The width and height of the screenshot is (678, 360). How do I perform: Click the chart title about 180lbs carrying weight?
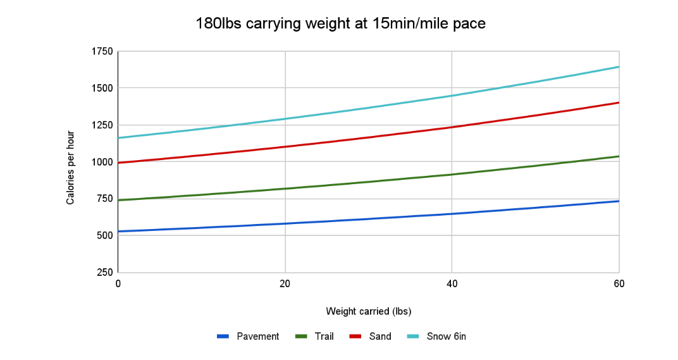click(x=340, y=24)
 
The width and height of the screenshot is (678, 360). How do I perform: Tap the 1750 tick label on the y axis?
click(x=101, y=52)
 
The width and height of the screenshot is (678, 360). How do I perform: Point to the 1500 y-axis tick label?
click(x=101, y=88)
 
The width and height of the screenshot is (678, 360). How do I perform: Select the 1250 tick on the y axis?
click(x=101, y=125)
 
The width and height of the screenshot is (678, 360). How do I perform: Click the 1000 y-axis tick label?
click(x=101, y=162)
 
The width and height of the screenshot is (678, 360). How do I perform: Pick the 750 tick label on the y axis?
click(x=104, y=199)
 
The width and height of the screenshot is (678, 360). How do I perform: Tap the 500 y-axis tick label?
click(x=104, y=235)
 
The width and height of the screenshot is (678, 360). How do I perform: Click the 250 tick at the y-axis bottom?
click(x=104, y=272)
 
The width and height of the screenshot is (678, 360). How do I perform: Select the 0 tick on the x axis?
click(x=118, y=283)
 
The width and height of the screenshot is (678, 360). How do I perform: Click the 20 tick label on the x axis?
click(x=285, y=283)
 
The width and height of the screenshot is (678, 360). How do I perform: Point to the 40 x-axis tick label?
click(x=452, y=283)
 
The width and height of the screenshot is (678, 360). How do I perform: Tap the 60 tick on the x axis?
click(x=619, y=283)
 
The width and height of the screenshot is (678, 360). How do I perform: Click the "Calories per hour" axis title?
click(x=71, y=167)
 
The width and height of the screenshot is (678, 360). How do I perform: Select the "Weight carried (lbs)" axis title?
click(x=369, y=311)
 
